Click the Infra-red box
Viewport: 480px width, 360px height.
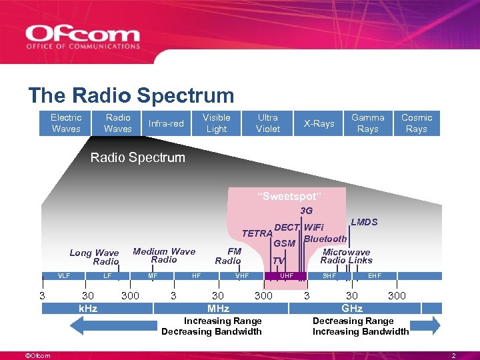[166, 123]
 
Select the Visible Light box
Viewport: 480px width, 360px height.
[217, 123]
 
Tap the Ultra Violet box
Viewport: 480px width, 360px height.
[268, 123]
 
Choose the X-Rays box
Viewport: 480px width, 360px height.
[319, 123]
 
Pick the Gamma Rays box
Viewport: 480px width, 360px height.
[368, 123]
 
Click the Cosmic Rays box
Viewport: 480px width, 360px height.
[417, 123]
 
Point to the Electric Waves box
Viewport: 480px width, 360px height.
[66, 123]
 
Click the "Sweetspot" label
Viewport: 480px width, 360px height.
[289, 197]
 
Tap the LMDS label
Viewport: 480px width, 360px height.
[364, 222]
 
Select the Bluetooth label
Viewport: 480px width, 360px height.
[325, 239]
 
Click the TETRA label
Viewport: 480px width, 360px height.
[257, 233]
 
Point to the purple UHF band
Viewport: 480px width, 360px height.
[287, 275]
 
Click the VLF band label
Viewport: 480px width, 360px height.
[64, 275]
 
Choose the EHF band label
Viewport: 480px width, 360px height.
[375, 275]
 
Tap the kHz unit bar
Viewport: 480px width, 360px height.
[88, 309]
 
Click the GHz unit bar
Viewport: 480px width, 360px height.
[352, 309]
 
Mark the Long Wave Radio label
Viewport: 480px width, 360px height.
[94, 257]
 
